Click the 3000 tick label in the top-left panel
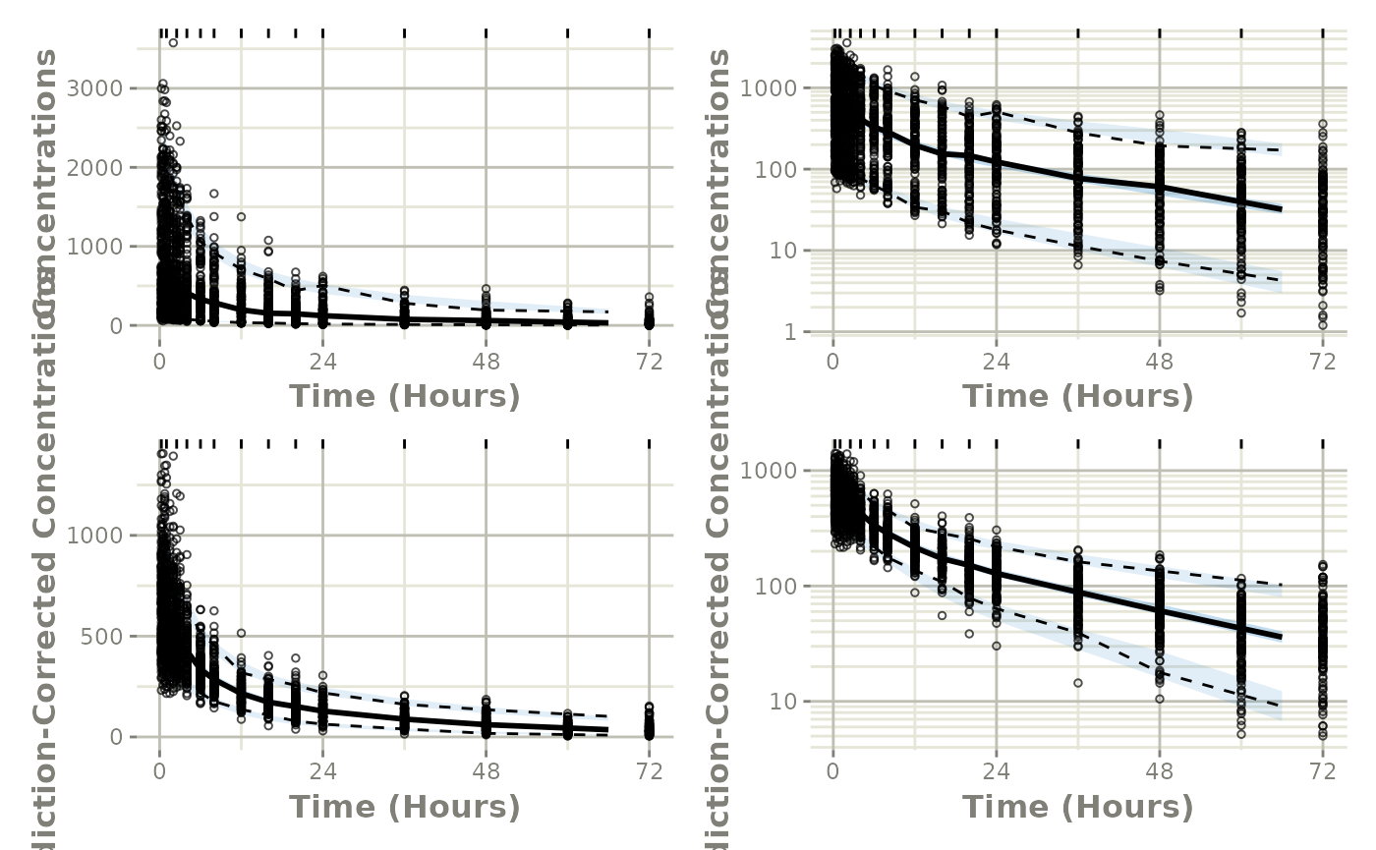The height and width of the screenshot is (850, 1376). (x=95, y=88)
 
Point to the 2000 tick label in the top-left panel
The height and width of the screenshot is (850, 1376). (x=95, y=167)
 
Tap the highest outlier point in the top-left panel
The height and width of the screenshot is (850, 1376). (x=173, y=42)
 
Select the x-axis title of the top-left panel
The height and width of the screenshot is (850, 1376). (x=404, y=396)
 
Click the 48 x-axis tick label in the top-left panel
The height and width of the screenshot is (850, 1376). (x=486, y=362)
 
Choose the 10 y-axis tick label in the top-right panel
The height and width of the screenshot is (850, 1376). (x=780, y=251)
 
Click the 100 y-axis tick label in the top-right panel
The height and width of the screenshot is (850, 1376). (x=774, y=169)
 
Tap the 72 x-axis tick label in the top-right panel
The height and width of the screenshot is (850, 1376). (x=1323, y=362)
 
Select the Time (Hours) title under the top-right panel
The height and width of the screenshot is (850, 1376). (x=1077, y=396)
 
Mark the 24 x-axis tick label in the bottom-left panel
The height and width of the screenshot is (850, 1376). (x=322, y=772)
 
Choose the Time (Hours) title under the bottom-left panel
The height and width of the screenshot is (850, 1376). (x=404, y=807)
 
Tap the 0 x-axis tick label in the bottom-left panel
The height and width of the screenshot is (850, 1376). (x=159, y=772)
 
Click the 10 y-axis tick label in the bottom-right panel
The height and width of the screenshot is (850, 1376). (x=780, y=702)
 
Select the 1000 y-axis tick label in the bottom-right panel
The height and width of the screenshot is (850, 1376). (x=767, y=471)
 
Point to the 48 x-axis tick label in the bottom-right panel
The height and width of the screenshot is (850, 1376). (x=1160, y=772)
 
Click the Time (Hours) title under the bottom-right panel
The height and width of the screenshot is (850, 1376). (x=1077, y=807)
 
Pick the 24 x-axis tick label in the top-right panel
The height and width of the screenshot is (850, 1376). (x=996, y=362)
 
